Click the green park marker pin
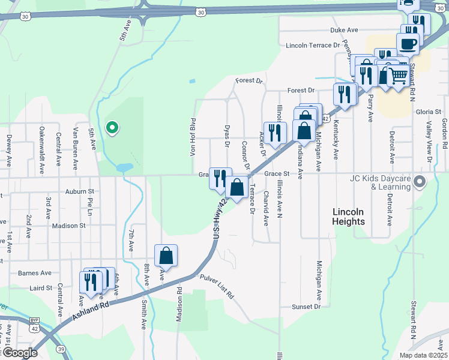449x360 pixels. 112,127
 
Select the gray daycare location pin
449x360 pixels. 420,181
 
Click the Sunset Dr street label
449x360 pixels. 306,307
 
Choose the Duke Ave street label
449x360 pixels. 344,30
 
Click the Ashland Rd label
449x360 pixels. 91,311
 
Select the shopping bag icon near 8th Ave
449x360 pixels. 166,255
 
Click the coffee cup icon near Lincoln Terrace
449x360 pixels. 408,44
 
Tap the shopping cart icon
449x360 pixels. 397,76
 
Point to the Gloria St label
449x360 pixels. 429,112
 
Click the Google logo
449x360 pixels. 19,353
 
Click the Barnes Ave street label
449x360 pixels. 35,273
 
